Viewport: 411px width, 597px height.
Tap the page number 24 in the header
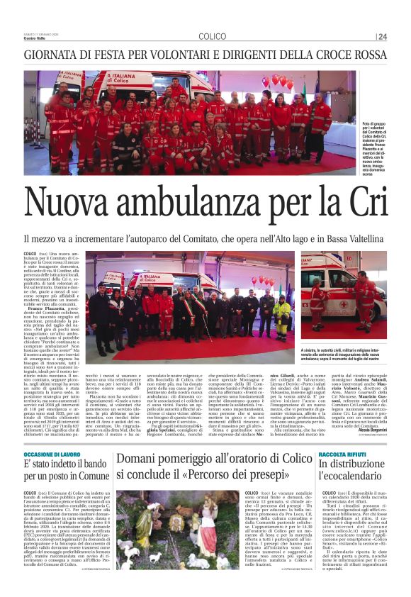coord(383,36)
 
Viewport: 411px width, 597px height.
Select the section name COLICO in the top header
coord(212,36)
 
